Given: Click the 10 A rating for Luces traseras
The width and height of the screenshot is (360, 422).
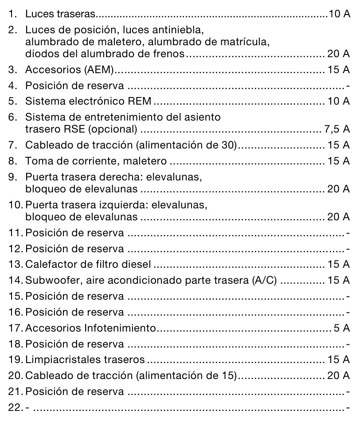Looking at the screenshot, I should pos(339,14).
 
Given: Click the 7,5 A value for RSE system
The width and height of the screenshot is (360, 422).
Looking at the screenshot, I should pos(337,130).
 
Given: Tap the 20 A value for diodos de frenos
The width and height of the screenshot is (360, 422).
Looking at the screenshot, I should pos(339,54).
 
